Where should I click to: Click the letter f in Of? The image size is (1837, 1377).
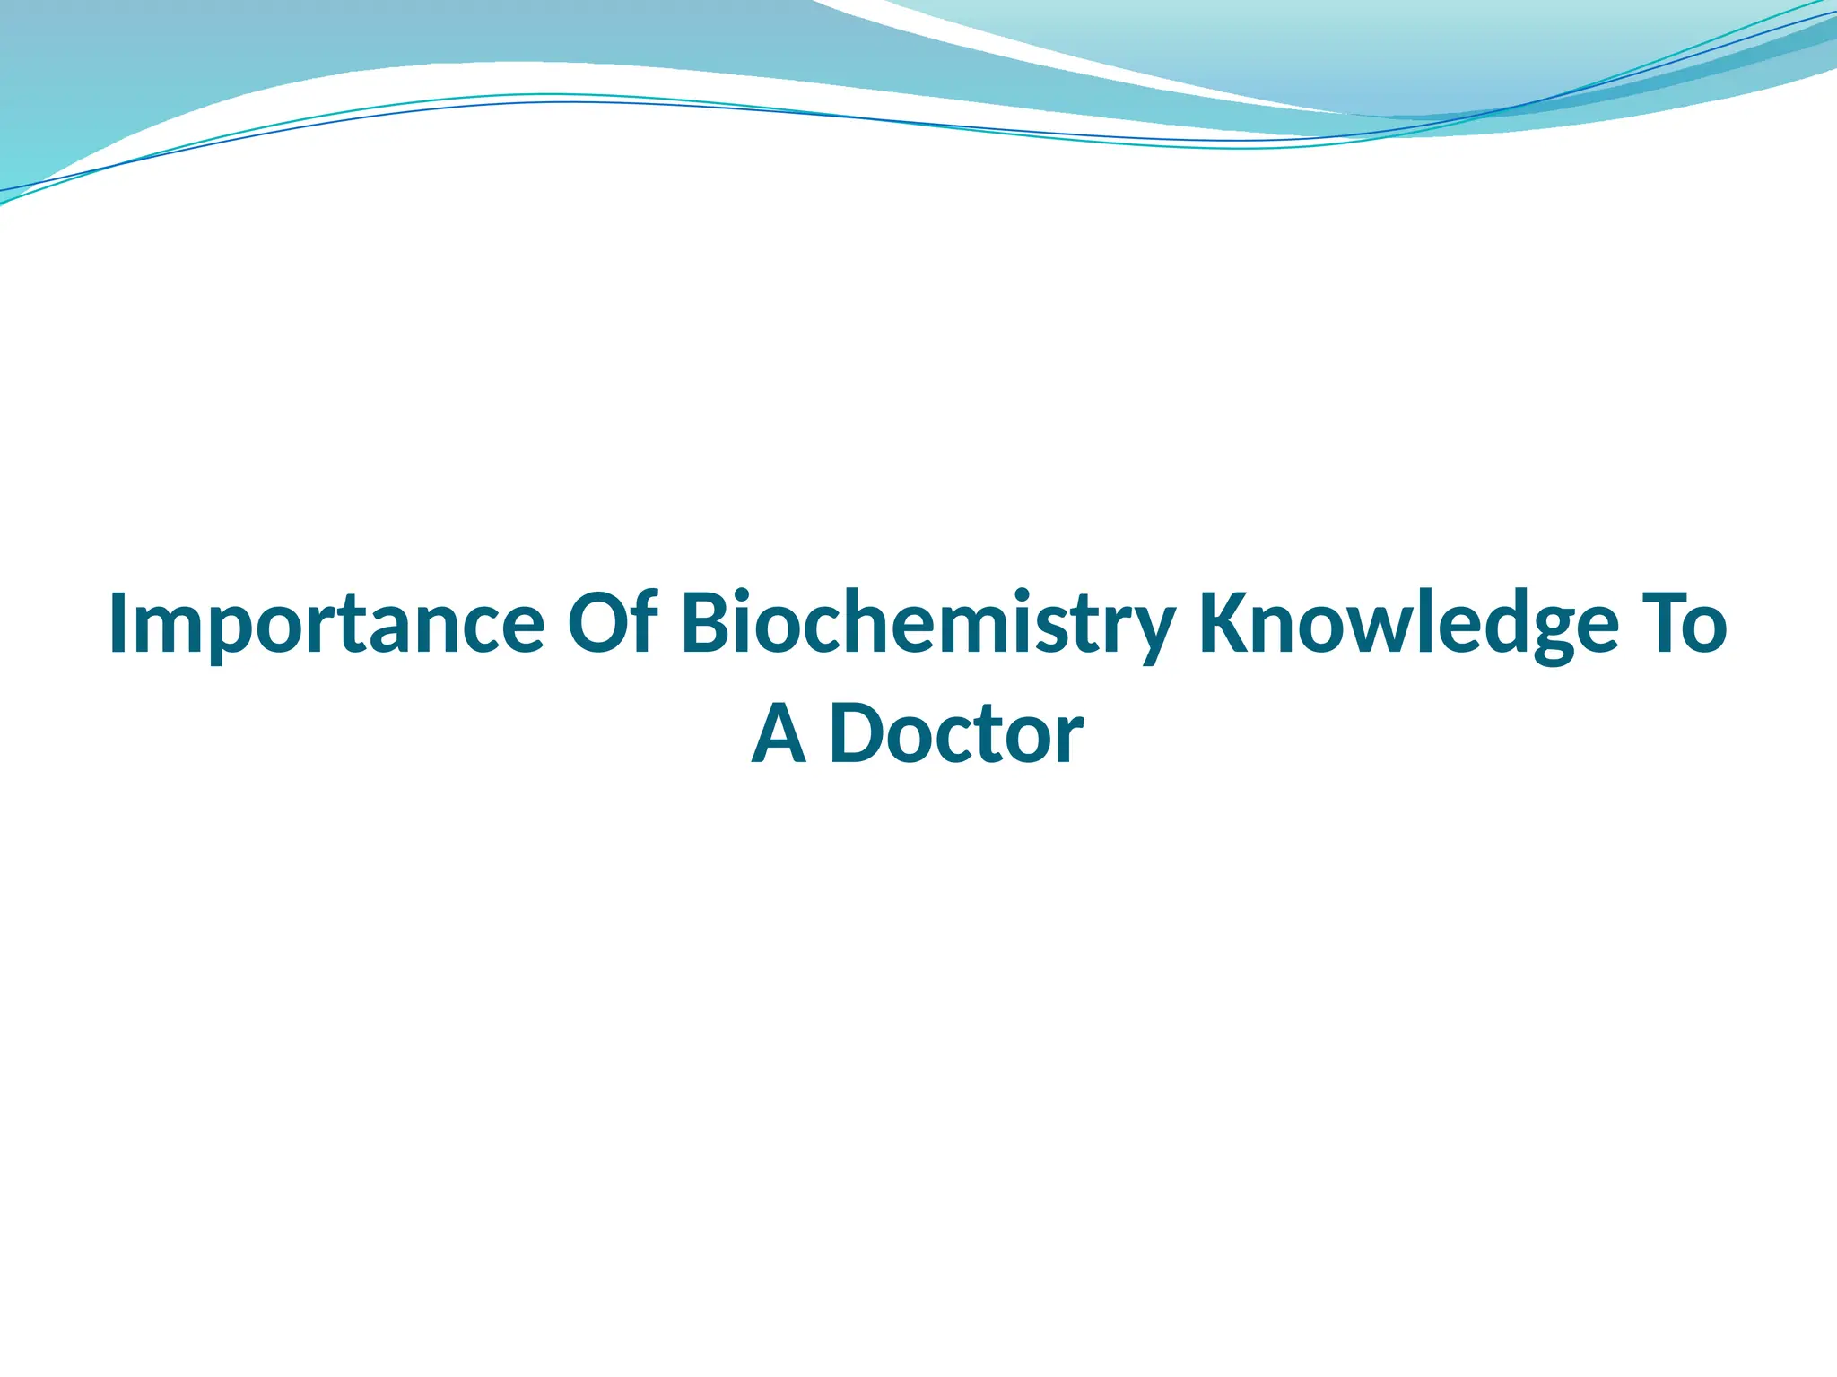(645, 620)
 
